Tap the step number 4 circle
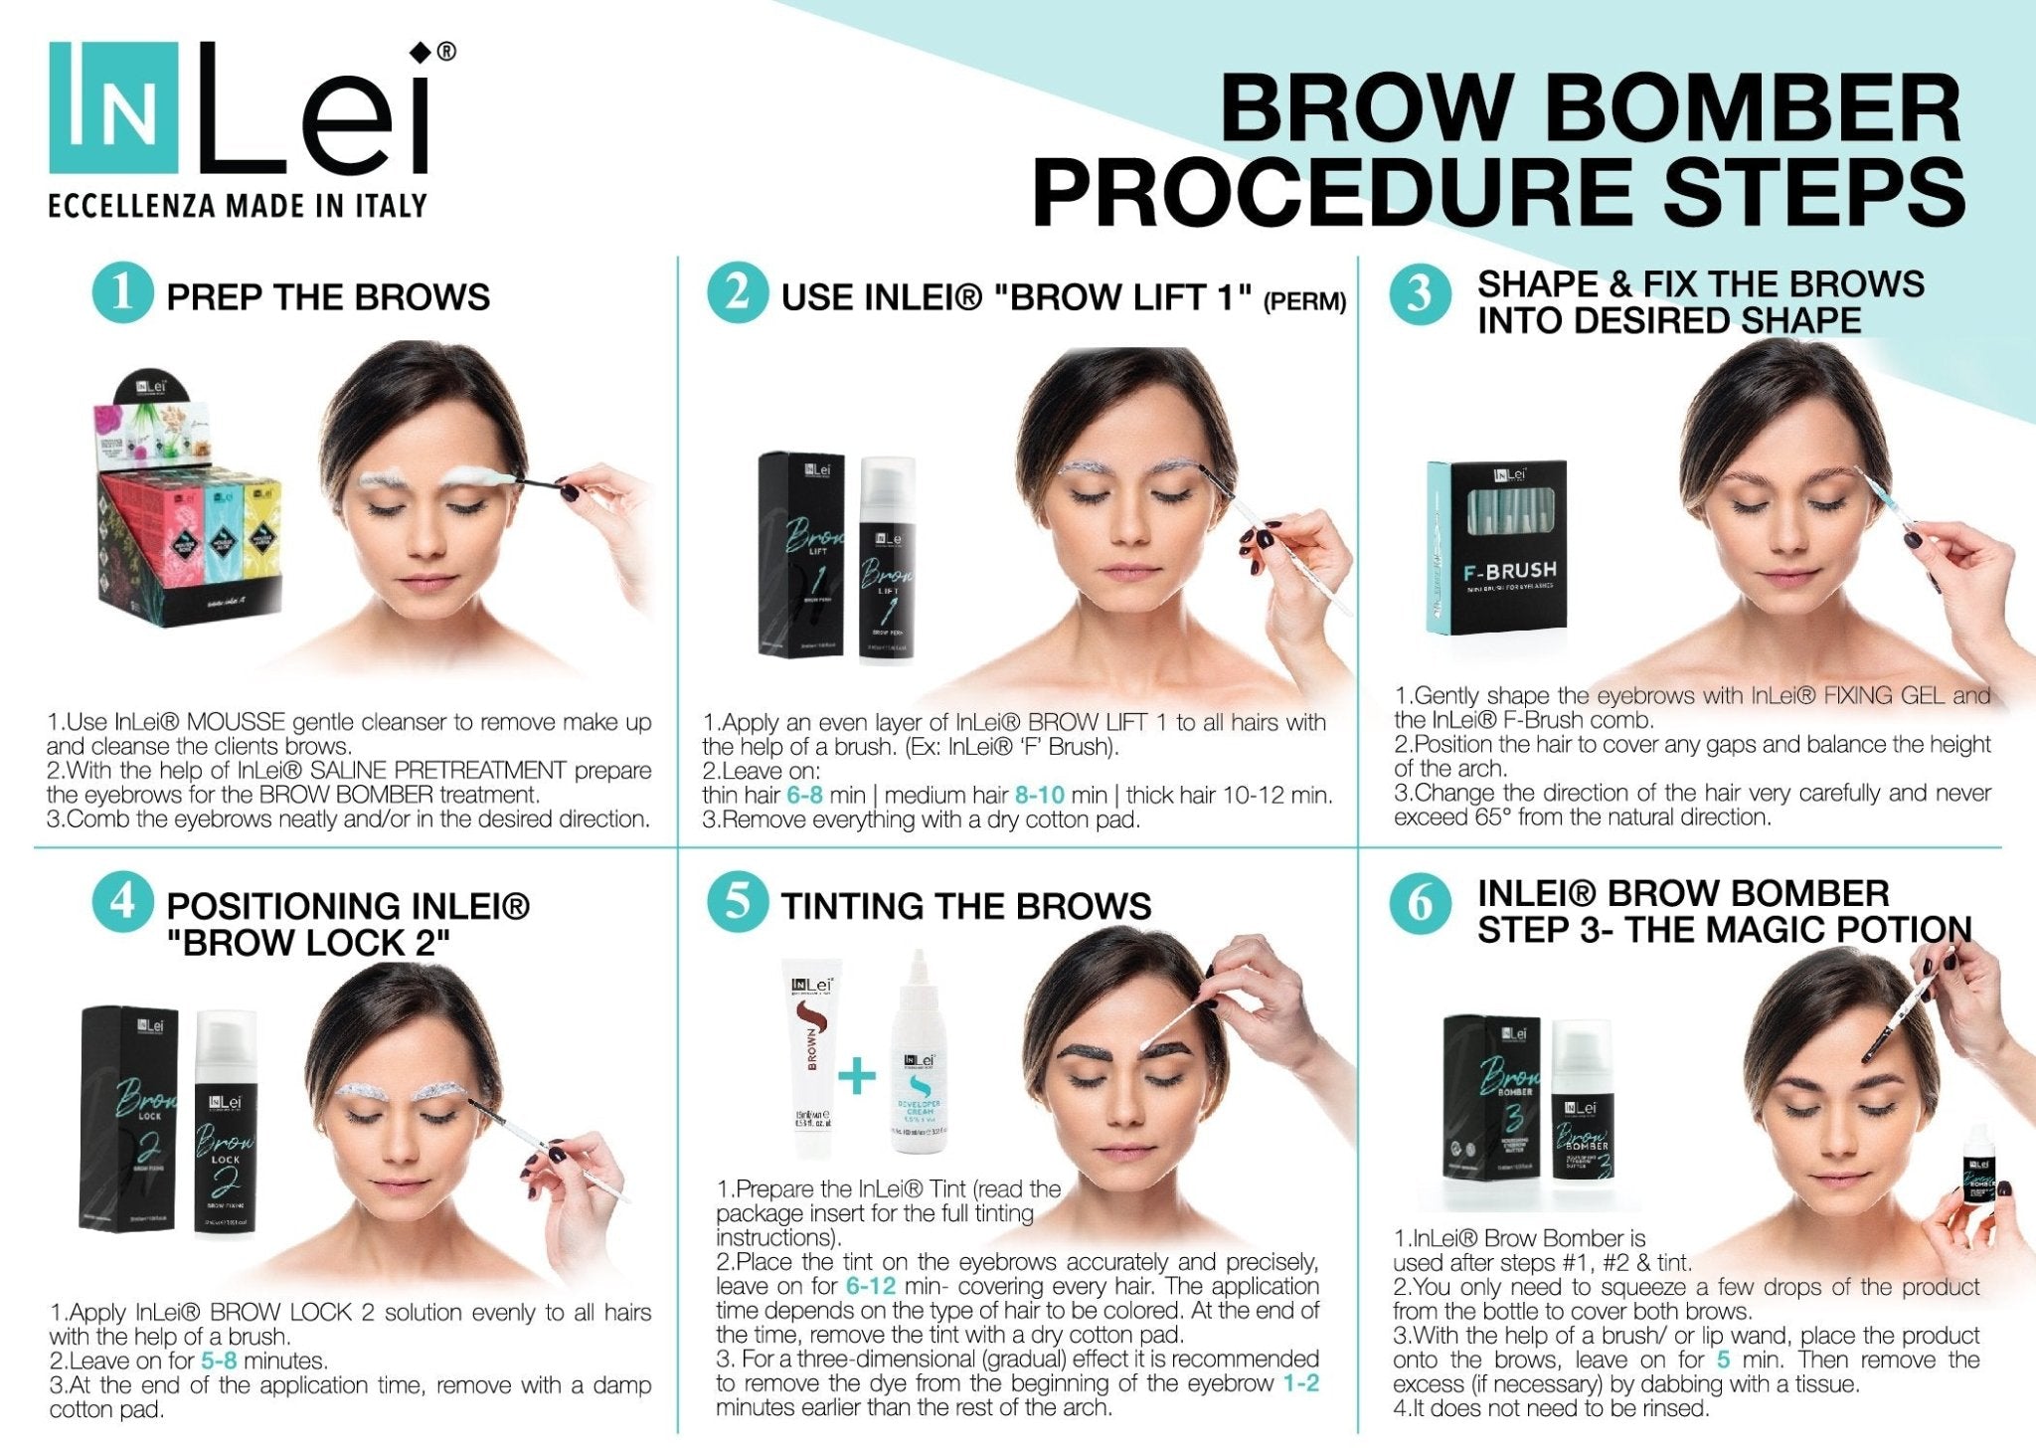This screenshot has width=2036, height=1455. click(122, 903)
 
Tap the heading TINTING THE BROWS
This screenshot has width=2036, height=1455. click(965, 906)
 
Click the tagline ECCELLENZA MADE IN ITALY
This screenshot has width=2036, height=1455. click(238, 206)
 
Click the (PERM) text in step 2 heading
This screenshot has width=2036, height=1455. click(1304, 300)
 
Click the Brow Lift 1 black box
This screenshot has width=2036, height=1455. click(801, 554)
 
